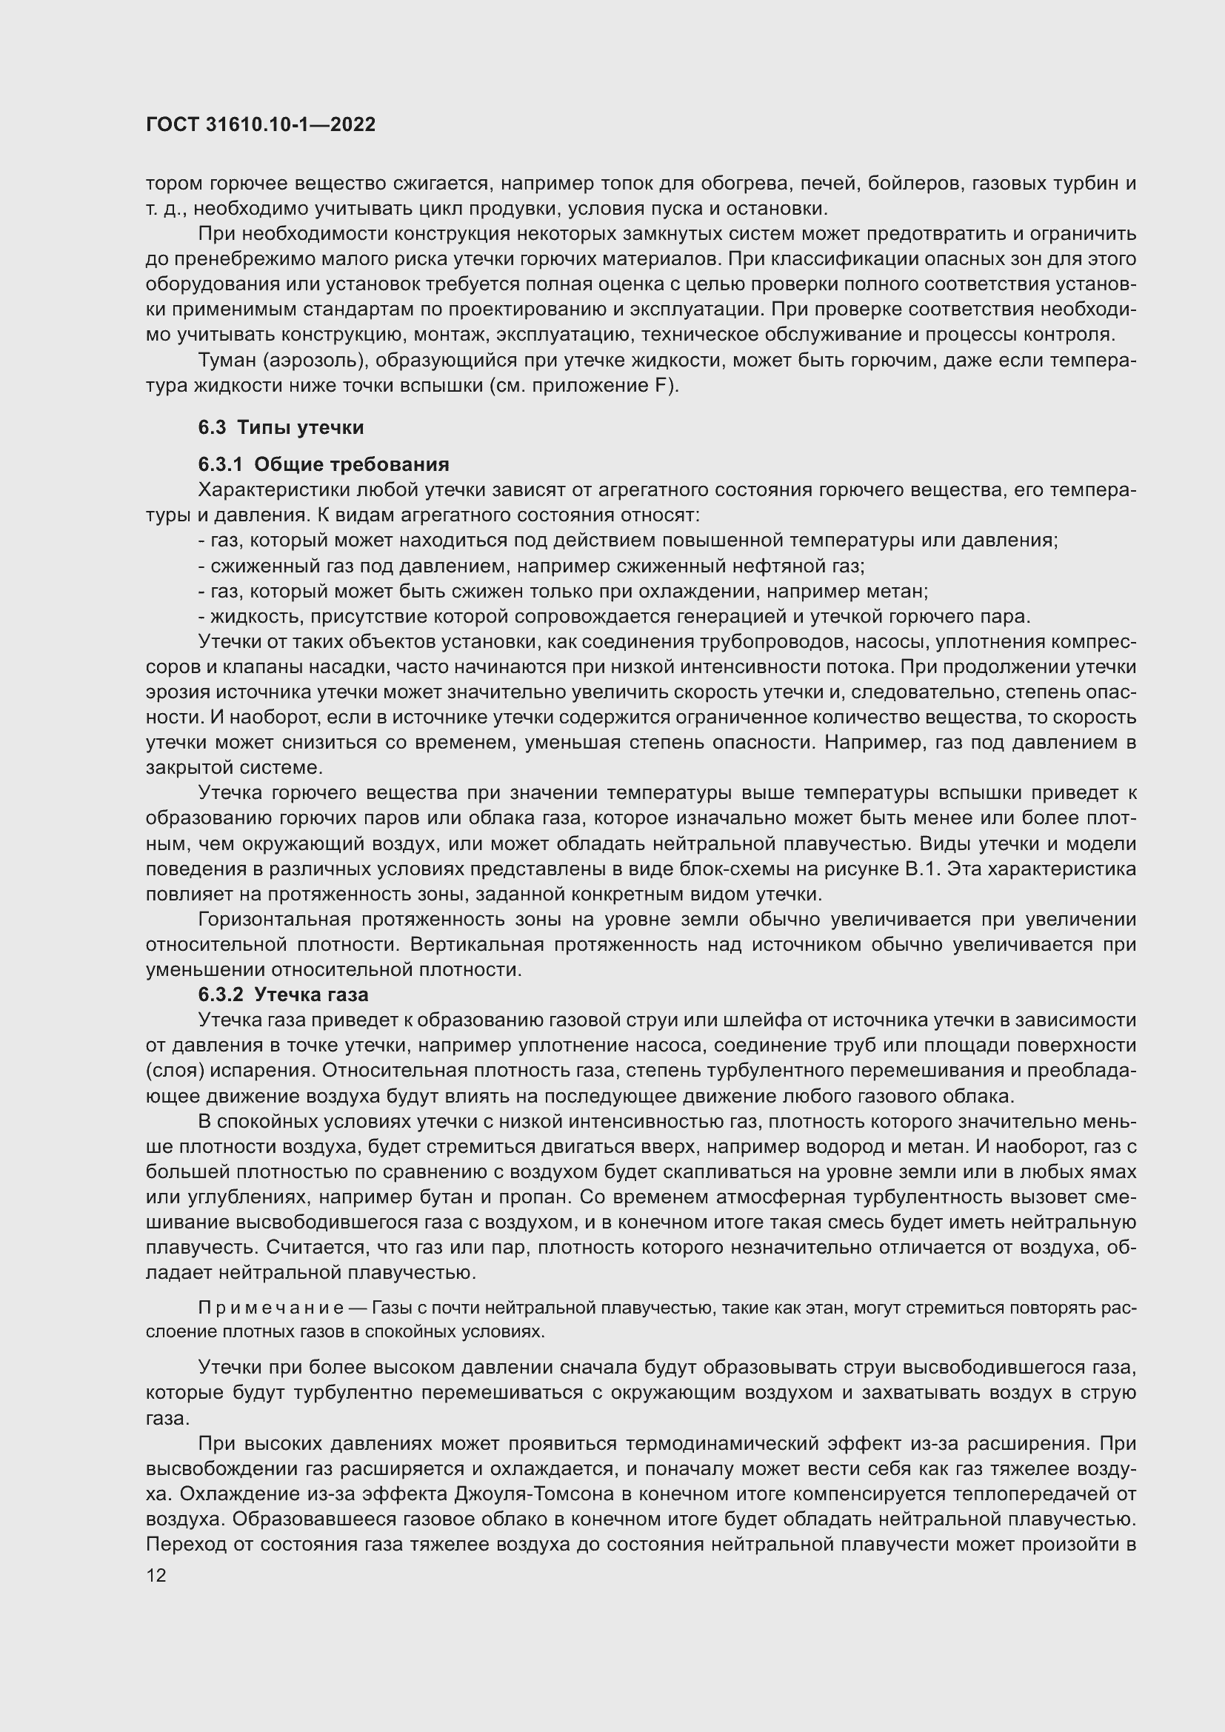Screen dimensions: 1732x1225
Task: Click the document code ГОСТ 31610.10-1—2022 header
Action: coord(260,125)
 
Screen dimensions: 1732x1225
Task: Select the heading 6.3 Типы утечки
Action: coord(281,428)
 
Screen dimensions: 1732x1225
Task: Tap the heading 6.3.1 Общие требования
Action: coord(324,464)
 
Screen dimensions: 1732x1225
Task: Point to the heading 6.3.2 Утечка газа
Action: coord(283,995)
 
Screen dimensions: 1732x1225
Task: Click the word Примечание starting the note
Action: coord(271,1307)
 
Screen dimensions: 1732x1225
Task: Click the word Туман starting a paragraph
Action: coord(227,361)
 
